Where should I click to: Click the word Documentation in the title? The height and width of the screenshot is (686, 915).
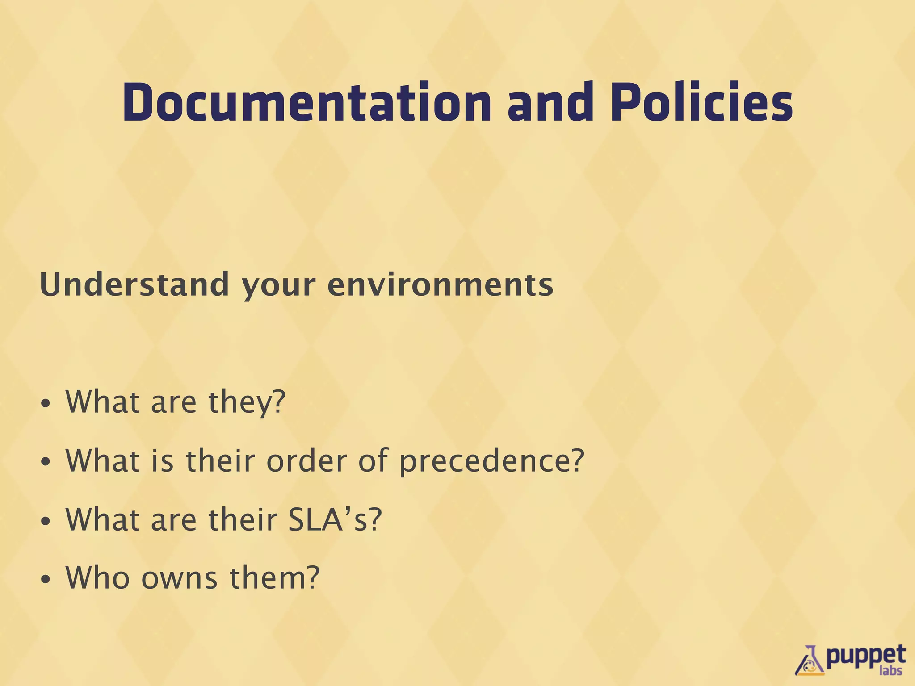click(x=306, y=103)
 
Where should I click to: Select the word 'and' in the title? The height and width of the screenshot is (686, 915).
click(x=551, y=103)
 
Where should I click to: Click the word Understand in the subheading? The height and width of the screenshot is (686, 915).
click(x=134, y=284)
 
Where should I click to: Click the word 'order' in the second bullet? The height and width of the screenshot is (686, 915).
click(x=306, y=460)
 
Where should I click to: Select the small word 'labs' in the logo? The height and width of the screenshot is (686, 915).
click(x=890, y=670)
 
